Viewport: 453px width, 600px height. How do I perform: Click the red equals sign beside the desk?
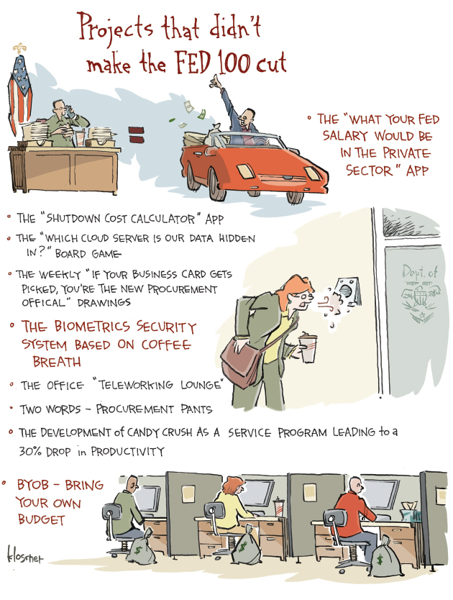137,135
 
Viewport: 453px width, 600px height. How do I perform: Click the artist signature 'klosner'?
24,555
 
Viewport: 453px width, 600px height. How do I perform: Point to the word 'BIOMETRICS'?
92,327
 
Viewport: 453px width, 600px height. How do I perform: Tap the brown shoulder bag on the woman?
241,362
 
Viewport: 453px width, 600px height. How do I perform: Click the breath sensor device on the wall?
348,291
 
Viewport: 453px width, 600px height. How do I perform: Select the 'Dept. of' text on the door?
419,272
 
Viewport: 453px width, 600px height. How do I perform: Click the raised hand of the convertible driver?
216,81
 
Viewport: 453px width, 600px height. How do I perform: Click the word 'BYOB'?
33,485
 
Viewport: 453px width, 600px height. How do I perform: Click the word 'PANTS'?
196,409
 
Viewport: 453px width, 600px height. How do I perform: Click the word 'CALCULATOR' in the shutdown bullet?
163,219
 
